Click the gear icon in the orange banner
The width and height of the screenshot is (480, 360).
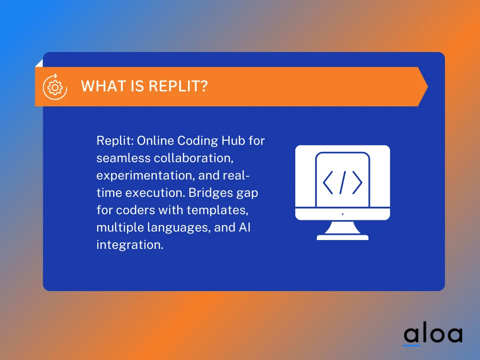point(55,87)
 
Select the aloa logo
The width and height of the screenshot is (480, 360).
point(433,334)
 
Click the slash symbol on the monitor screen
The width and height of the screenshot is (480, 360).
point(343,182)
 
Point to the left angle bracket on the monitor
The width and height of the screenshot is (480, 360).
point(328,182)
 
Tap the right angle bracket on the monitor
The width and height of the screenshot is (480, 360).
point(357,182)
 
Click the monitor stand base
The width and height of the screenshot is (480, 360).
point(343,237)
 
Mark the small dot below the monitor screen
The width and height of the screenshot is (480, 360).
point(343,214)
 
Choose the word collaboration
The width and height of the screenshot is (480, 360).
point(194,158)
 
